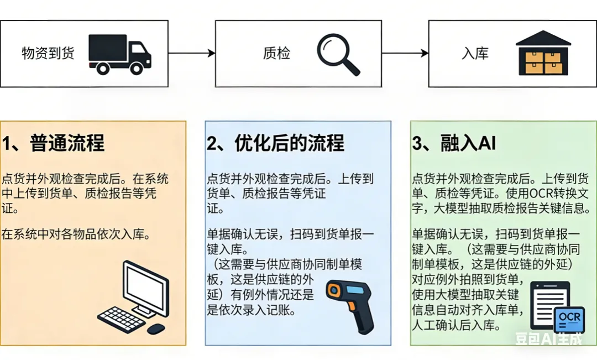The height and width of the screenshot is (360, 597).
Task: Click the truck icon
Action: click(x=119, y=54)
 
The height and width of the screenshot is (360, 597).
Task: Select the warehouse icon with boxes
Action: click(x=543, y=54)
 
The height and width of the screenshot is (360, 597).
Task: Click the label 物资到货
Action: click(x=48, y=54)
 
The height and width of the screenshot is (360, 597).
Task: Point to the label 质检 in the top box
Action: click(x=276, y=54)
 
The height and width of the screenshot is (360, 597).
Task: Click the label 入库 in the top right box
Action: click(x=475, y=54)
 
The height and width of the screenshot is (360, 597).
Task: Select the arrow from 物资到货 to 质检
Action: click(x=191, y=53)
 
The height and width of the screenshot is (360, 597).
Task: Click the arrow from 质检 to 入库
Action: click(x=405, y=53)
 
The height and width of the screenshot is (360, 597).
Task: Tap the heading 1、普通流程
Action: click(x=53, y=143)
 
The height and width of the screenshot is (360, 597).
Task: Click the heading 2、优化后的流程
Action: click(x=275, y=143)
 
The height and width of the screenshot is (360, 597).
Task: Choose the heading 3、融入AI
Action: click(x=454, y=143)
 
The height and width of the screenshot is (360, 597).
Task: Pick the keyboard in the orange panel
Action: click(x=121, y=319)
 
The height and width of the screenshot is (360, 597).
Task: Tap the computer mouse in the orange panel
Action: click(x=156, y=328)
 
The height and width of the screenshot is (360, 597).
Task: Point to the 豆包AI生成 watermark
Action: click(x=548, y=338)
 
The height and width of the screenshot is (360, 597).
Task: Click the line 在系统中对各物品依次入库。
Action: click(x=75, y=234)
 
